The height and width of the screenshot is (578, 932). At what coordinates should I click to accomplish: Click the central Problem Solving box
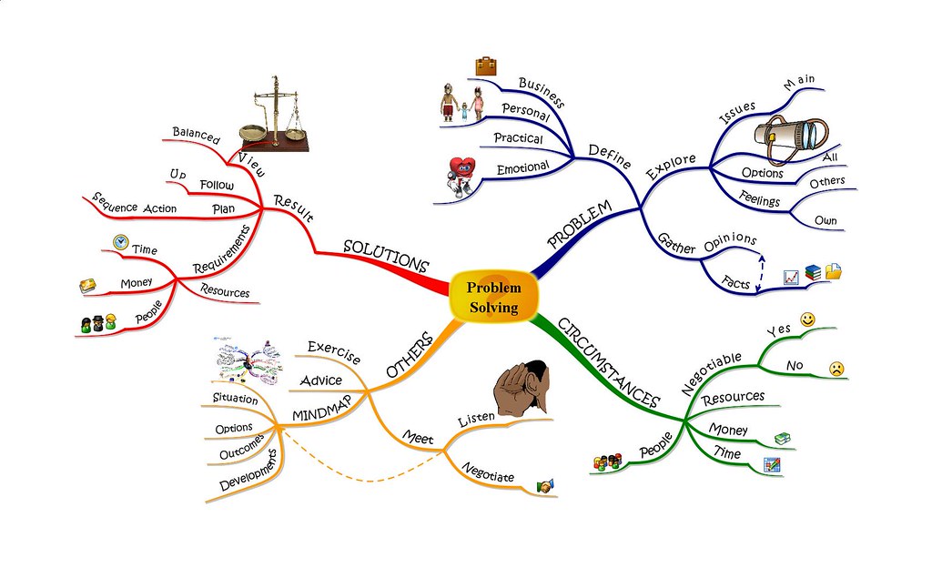pyautogui.click(x=494, y=298)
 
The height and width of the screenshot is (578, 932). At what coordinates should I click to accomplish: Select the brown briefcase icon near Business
pyautogui.click(x=486, y=66)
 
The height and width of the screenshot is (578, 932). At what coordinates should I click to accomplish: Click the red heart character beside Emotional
pyautogui.click(x=461, y=176)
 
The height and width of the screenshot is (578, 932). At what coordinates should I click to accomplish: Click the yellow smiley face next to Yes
pyautogui.click(x=807, y=319)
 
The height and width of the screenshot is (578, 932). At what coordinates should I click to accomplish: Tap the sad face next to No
pyautogui.click(x=836, y=369)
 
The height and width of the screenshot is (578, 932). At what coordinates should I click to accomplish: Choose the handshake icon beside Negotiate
pyautogui.click(x=545, y=486)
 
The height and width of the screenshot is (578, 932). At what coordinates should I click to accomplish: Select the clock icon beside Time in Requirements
pyautogui.click(x=121, y=242)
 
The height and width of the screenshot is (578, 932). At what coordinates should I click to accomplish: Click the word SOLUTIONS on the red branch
pyautogui.click(x=386, y=255)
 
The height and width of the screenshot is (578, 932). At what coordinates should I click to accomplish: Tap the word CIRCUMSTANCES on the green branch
pyautogui.click(x=609, y=363)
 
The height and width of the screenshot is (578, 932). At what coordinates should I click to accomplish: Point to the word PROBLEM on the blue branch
pyautogui.click(x=580, y=225)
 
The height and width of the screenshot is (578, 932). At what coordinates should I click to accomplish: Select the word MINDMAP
pyautogui.click(x=321, y=409)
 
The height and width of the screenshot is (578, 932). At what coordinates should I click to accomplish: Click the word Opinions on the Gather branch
pyautogui.click(x=731, y=242)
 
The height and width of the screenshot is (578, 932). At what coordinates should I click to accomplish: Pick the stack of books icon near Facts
pyautogui.click(x=813, y=273)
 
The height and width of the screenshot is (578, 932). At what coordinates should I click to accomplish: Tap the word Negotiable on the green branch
pyautogui.click(x=712, y=373)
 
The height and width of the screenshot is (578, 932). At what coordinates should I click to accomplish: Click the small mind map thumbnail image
pyautogui.click(x=248, y=360)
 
